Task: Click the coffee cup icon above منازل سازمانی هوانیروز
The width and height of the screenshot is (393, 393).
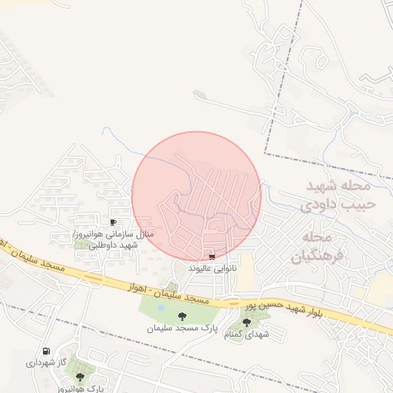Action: tap(114, 223)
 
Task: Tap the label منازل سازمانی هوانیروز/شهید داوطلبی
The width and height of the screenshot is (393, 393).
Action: tap(114, 239)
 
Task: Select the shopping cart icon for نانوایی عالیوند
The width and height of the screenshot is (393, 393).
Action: tap(212, 257)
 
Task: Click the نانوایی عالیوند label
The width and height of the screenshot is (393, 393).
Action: tap(212, 269)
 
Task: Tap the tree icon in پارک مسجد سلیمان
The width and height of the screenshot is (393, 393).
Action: tap(182, 315)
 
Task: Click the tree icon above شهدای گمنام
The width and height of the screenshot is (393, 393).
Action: tap(246, 322)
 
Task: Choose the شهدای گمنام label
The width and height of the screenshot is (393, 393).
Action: tap(246, 335)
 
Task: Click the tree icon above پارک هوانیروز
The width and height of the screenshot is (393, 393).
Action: tap(80, 377)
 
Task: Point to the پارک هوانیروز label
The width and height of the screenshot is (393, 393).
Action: tap(80, 388)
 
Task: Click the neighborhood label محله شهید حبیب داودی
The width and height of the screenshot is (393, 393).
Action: tap(338, 195)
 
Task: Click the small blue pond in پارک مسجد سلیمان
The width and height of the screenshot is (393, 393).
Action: tap(160, 309)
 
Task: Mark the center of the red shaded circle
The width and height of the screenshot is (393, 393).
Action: tap(196, 196)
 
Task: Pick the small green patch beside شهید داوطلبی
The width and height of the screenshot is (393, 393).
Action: tap(81, 245)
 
